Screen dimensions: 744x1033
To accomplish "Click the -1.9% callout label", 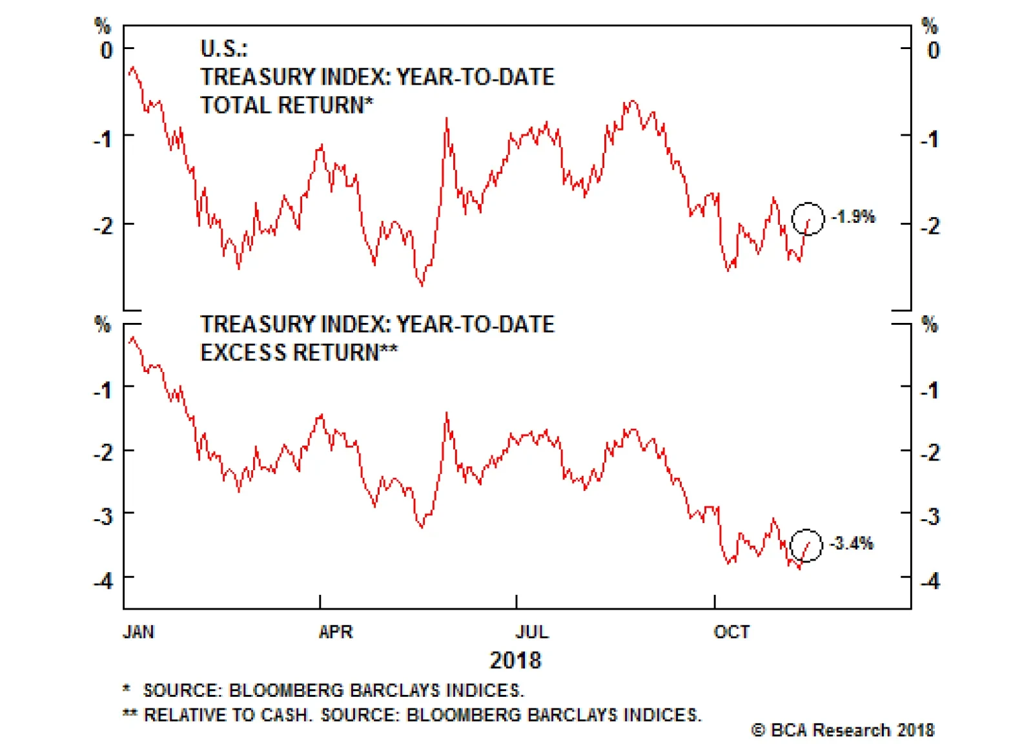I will [854, 216].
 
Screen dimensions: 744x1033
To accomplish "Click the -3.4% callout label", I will [852, 543].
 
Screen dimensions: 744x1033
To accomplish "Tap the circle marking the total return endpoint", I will [808, 218].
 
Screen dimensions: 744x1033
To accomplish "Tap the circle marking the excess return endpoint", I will [806, 545].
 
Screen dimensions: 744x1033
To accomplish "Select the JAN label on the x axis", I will [139, 632].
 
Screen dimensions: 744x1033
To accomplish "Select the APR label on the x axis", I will [336, 632].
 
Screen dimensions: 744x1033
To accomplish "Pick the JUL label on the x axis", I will [532, 632].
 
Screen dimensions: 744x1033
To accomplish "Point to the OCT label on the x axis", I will [731, 632].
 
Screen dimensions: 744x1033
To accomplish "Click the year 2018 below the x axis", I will [515, 660].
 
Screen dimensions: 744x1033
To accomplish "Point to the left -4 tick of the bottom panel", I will [103, 580].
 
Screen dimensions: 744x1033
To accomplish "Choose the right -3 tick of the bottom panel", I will [930, 517].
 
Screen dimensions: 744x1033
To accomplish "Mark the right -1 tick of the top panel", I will [930, 139].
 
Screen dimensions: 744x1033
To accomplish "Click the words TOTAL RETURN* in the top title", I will [287, 105].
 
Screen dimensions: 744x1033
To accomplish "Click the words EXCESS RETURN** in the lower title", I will [299, 353].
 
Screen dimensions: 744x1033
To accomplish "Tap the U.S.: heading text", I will [224, 48].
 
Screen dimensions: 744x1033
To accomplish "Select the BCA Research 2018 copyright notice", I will [843, 730].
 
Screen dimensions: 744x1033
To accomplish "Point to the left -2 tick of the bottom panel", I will [103, 452].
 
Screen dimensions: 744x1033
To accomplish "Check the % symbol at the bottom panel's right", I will [930, 324].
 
